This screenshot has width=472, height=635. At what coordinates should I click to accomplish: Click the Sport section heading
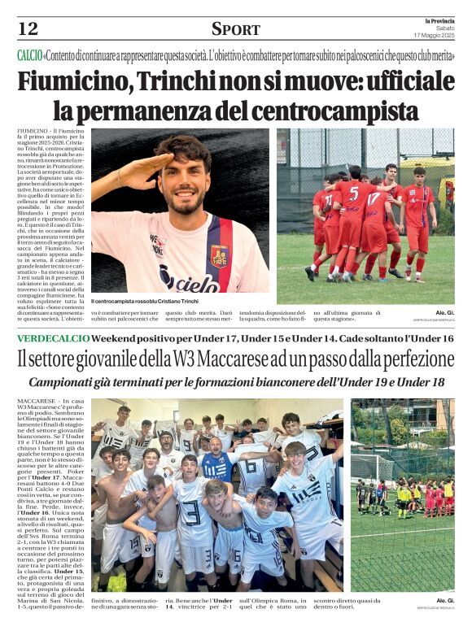pyautogui.click(x=236, y=29)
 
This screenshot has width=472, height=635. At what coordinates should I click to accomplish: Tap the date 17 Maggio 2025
pyautogui.click(x=434, y=35)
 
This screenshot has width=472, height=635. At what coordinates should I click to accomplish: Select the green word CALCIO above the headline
pyautogui.click(x=30, y=55)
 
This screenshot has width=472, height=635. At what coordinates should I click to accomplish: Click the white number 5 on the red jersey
pyautogui.click(x=353, y=194)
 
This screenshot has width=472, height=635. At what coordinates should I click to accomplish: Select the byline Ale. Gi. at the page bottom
pyautogui.click(x=444, y=600)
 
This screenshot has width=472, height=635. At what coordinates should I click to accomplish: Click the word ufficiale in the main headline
pyautogui.click(x=400, y=82)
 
